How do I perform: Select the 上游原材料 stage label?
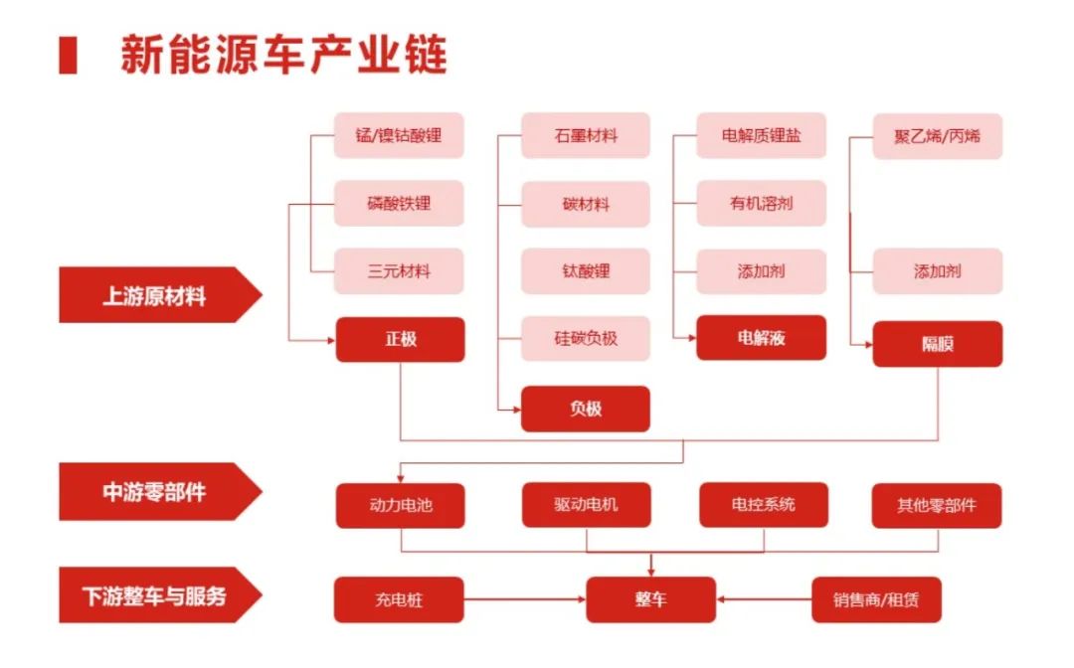(x=154, y=295)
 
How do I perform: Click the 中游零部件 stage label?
(x=154, y=491)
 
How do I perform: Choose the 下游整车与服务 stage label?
(x=154, y=596)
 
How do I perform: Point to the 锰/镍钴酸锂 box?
(x=400, y=135)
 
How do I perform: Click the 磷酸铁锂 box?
(x=400, y=204)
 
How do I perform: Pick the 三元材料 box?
(x=400, y=271)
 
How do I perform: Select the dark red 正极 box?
(x=400, y=339)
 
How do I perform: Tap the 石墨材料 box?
(x=586, y=135)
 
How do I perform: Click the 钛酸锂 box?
(x=586, y=271)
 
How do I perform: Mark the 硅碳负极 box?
(x=586, y=338)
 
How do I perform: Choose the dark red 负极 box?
(x=586, y=409)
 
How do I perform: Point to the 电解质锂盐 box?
(x=762, y=135)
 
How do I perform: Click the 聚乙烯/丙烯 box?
(x=937, y=135)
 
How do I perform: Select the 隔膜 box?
(x=937, y=344)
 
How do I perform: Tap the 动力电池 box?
(x=400, y=505)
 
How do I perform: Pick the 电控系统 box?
(x=762, y=505)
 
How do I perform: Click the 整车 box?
(x=650, y=599)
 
